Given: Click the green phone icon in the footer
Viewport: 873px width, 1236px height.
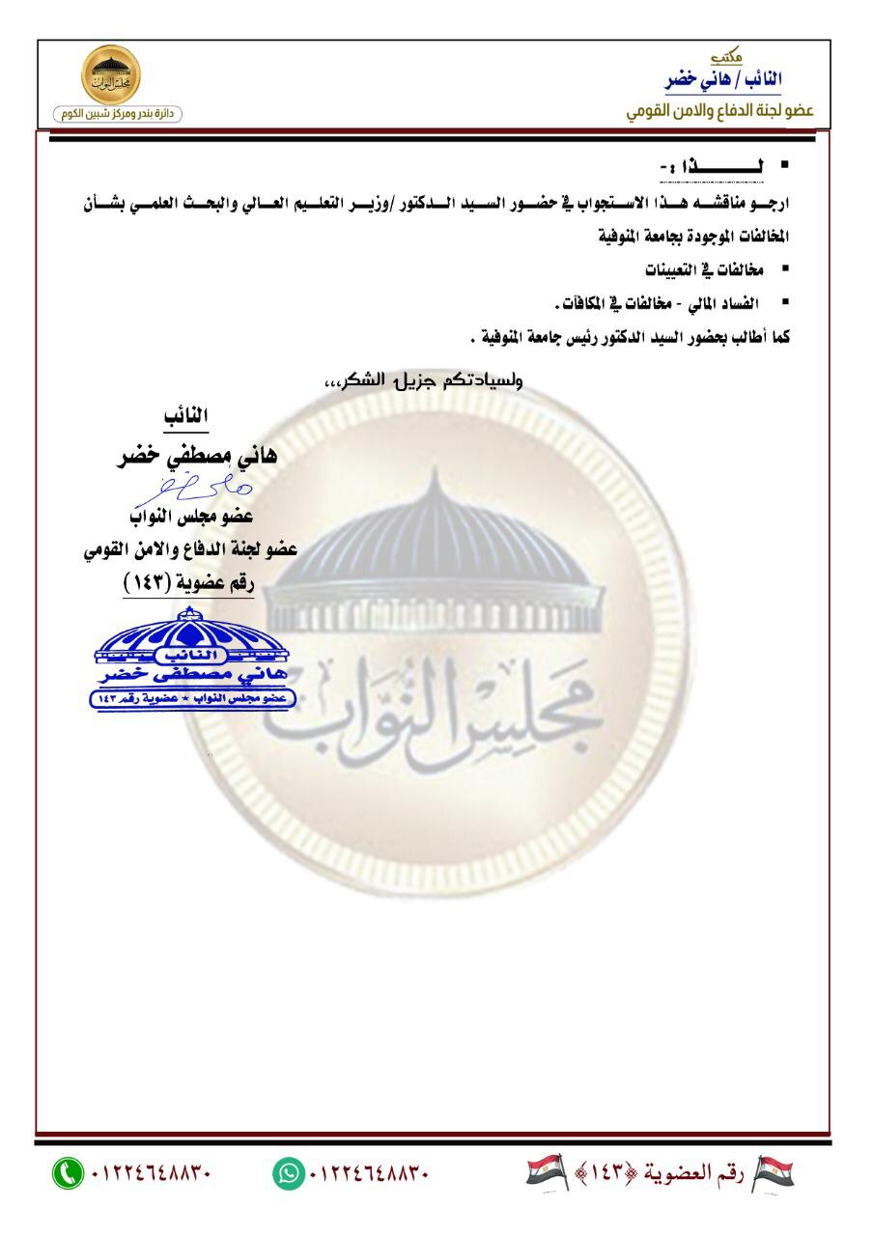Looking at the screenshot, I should [x=68, y=1173].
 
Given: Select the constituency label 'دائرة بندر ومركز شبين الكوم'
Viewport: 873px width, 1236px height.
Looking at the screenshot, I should [x=118, y=115].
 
